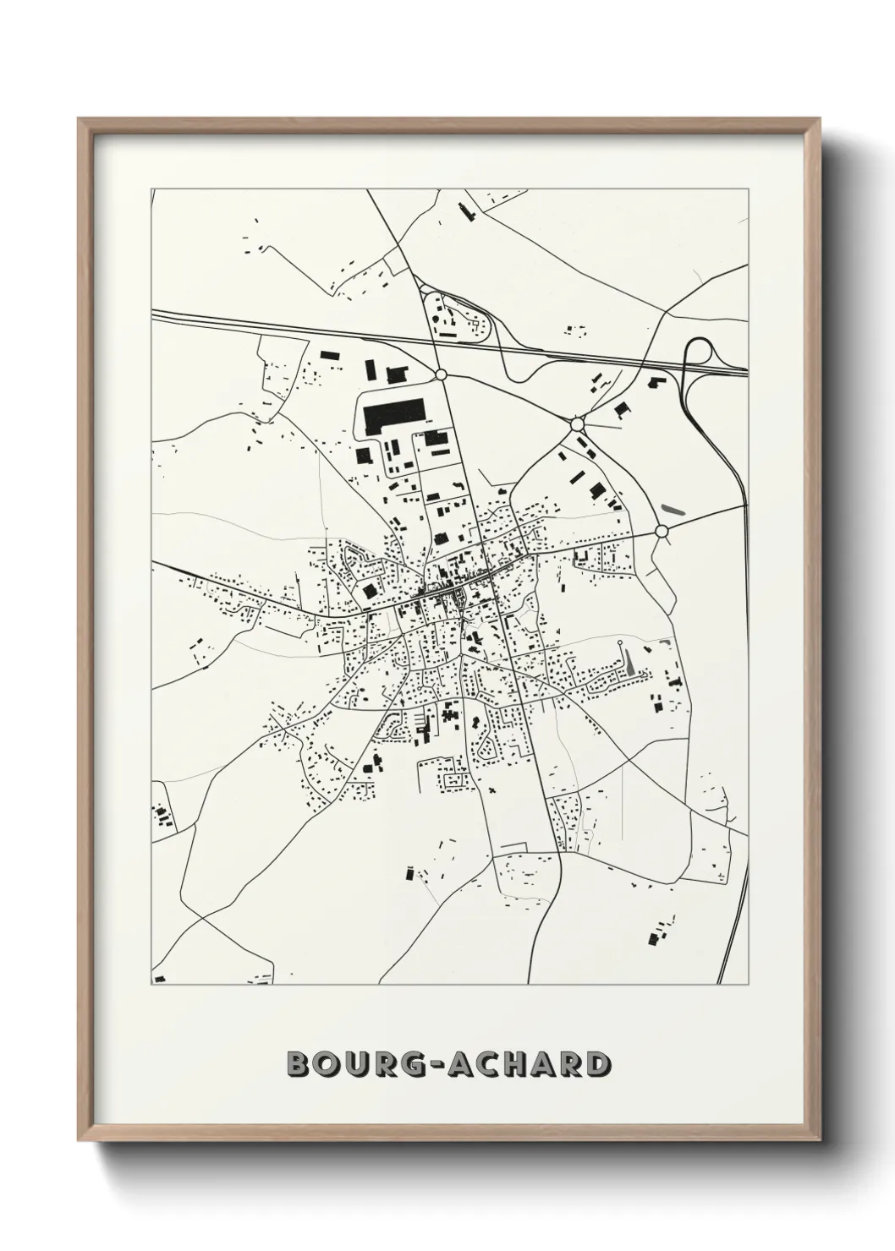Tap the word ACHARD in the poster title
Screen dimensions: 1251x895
click(524, 1064)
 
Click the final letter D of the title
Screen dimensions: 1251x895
click(597, 1064)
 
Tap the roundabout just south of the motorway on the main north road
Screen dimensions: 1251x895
click(440, 374)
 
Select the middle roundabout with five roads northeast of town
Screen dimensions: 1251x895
click(578, 423)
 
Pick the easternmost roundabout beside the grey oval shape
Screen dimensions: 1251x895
click(662, 531)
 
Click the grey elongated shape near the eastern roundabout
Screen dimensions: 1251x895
click(673, 511)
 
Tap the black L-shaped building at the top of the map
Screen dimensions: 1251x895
click(465, 210)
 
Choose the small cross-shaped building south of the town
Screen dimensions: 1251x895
click(492, 791)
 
